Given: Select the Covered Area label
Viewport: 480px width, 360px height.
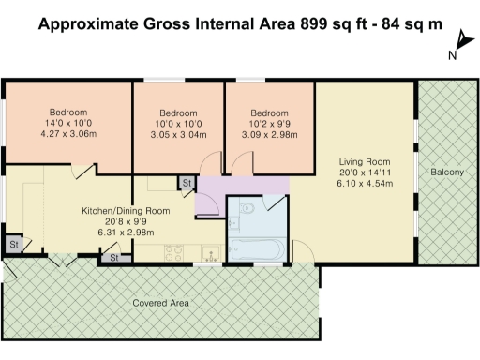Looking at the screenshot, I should point(161,304).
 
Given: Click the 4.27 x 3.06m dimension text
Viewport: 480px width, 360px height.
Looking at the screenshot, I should point(68,133).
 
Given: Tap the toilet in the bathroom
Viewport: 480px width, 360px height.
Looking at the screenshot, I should point(246,208).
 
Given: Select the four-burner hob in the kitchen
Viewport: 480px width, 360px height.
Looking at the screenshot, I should point(174,251).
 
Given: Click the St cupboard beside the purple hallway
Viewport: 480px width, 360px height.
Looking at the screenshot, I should point(187,182).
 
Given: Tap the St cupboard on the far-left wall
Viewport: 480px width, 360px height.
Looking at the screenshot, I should point(14,245).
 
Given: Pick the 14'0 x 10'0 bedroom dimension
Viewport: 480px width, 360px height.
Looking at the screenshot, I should point(68,122).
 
